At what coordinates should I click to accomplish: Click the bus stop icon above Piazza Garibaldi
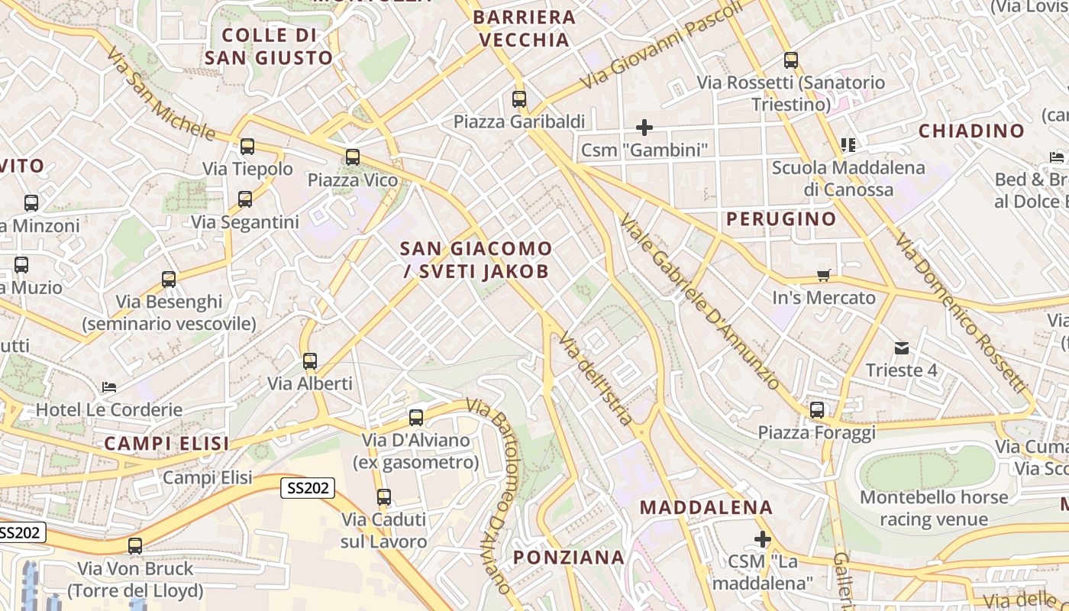click(x=519, y=99)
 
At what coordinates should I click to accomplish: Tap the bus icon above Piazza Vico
click(x=352, y=157)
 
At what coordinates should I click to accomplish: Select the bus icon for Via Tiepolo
click(x=247, y=147)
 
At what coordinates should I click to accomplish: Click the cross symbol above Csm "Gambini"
click(x=644, y=127)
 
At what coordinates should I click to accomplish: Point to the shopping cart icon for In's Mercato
click(x=823, y=275)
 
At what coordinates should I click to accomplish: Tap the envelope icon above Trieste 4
click(x=902, y=348)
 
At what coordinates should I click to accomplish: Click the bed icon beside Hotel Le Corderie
click(x=109, y=387)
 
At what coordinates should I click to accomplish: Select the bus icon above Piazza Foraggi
click(x=817, y=410)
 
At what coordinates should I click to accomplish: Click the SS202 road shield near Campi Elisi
click(x=308, y=488)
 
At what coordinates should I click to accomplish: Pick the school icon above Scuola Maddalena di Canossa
click(x=848, y=144)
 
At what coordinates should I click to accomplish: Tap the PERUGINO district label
click(x=781, y=219)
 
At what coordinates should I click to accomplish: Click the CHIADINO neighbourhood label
click(x=971, y=131)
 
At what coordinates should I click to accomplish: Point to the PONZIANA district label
click(x=569, y=558)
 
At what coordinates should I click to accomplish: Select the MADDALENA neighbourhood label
click(x=706, y=507)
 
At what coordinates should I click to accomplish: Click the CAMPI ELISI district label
click(x=166, y=444)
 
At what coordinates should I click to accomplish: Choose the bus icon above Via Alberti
click(x=309, y=361)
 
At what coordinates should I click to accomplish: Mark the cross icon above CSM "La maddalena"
click(x=762, y=539)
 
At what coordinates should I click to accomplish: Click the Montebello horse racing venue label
click(x=934, y=509)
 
